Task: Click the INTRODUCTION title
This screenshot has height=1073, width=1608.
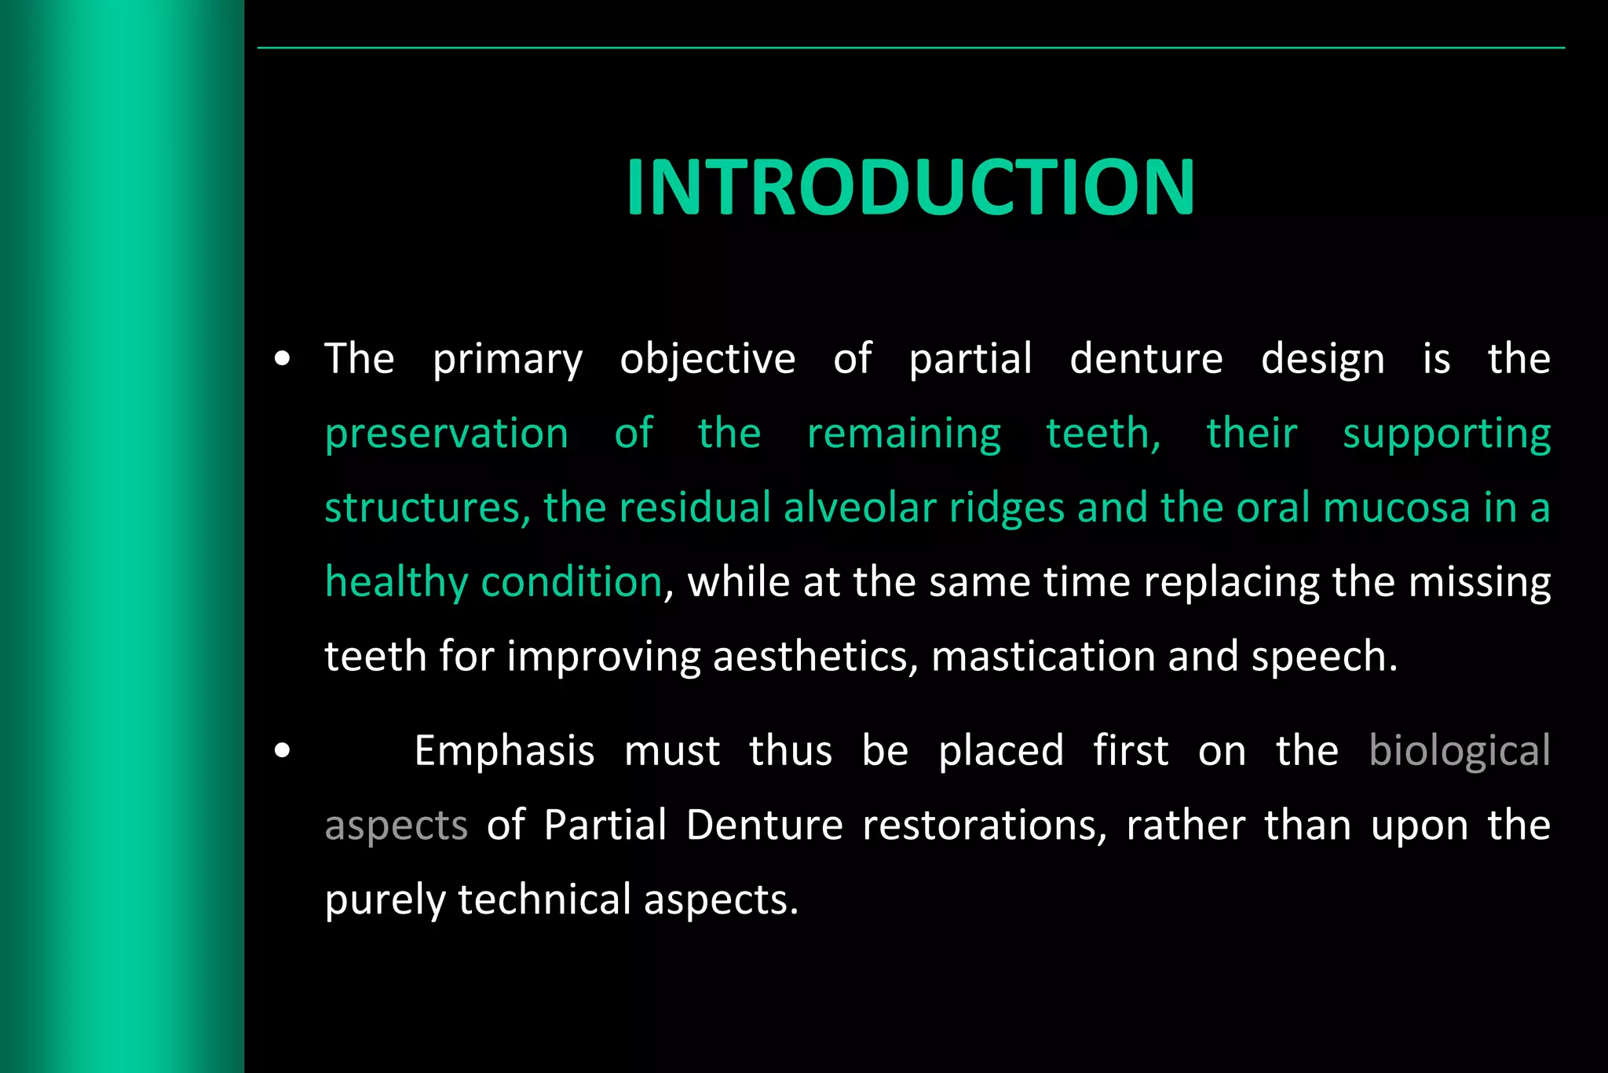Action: (x=910, y=187)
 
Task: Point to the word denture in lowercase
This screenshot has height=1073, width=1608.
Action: (x=1146, y=359)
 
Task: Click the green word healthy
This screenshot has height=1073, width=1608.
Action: (x=397, y=583)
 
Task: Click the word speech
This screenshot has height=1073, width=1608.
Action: (x=1324, y=657)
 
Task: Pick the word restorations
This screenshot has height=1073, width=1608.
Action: (x=985, y=826)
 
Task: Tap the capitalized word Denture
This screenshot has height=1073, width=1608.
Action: (x=764, y=826)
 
